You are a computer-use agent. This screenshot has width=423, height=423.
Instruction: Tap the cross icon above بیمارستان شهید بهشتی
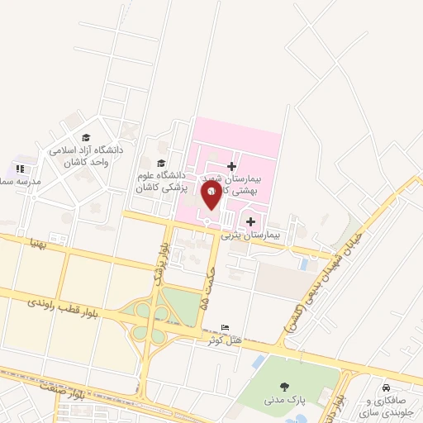tap(231, 166)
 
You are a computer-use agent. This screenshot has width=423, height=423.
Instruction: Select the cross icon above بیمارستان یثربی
tap(250, 221)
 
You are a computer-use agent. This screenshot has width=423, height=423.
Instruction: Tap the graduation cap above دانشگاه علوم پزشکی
tap(162, 163)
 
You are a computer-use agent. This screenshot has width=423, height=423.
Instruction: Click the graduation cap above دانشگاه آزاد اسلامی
tap(87, 138)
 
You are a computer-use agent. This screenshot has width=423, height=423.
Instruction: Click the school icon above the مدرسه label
tap(20, 169)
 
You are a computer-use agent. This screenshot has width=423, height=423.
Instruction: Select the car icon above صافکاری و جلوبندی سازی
tap(385, 387)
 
